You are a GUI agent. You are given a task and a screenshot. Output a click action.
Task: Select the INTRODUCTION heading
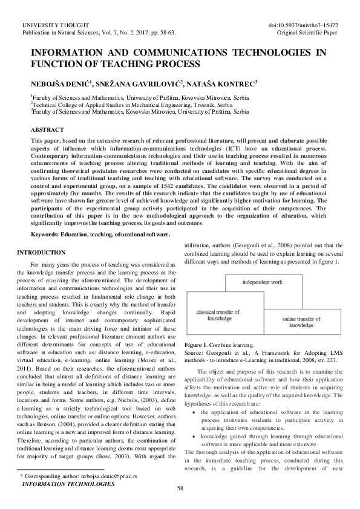tap(42, 251)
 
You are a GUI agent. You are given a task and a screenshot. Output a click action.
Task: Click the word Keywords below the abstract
tap(48, 234)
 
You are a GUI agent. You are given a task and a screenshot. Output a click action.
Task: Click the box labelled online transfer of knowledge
tap(305, 322)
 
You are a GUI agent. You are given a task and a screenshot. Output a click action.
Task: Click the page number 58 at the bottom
tap(180, 488)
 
